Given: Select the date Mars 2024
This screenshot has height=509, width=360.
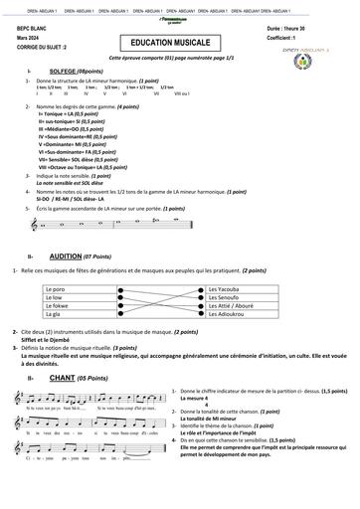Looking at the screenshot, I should tap(29, 39).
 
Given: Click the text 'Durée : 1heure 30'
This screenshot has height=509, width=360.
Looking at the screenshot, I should tap(318, 31).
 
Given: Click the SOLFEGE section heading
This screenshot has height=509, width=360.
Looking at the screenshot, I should tap(66, 72).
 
